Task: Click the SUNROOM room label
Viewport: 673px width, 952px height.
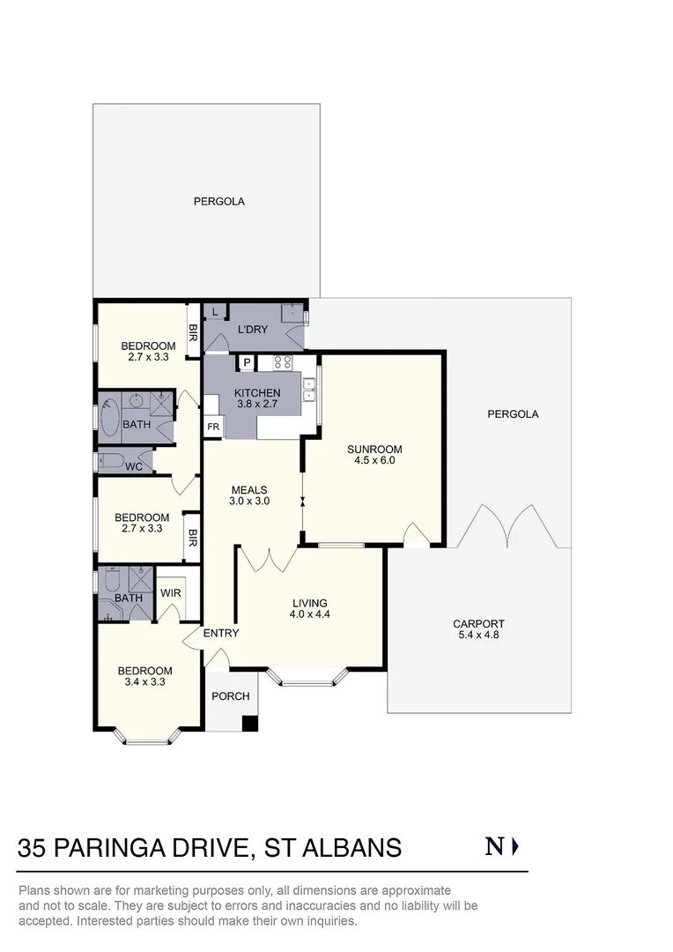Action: [x=374, y=448]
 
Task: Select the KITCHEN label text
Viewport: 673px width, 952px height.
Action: [x=257, y=393]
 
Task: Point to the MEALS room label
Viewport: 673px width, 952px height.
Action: [x=249, y=490]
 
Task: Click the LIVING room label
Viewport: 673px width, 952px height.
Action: [x=311, y=604]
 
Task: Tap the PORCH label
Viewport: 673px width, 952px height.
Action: [x=232, y=696]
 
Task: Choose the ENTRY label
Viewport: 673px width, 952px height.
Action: [x=220, y=633]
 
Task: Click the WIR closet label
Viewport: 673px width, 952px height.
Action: [x=171, y=593]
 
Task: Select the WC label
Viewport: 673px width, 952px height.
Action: [x=134, y=466]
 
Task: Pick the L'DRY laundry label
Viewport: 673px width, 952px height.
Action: [x=253, y=330]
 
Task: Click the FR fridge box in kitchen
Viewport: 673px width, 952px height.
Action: [x=213, y=427]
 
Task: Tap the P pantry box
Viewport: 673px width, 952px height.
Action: [x=247, y=362]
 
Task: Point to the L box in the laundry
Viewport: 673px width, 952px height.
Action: [x=215, y=311]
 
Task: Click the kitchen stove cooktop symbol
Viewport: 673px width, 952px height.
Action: [x=283, y=361]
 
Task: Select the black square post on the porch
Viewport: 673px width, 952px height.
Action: [x=250, y=724]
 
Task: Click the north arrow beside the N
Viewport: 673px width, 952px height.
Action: [x=516, y=847]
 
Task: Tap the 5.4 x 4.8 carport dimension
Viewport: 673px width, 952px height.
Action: [x=479, y=635]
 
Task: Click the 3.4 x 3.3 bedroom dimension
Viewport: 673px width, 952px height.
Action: [x=145, y=681]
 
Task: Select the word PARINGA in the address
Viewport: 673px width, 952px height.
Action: [x=147, y=848]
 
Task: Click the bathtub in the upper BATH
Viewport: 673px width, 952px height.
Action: [x=109, y=420]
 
